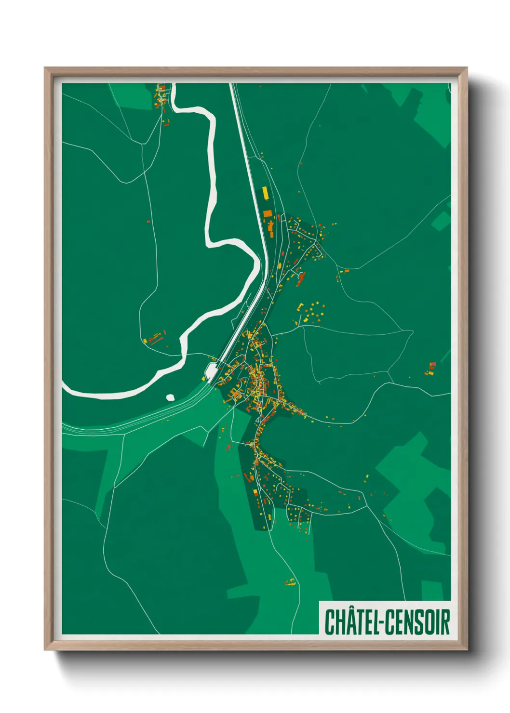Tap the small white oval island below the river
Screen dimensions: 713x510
(x=170, y=397)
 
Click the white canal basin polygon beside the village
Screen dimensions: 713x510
(x=211, y=371)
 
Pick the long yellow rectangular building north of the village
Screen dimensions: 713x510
(x=265, y=193)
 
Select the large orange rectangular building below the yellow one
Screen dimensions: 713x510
(x=268, y=213)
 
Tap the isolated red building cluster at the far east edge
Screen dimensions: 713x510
(x=430, y=369)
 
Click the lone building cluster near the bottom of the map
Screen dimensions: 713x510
(x=290, y=582)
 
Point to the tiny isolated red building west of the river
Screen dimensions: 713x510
(x=148, y=222)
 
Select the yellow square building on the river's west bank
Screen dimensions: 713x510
(x=145, y=341)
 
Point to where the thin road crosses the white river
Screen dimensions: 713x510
(x=184, y=354)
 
